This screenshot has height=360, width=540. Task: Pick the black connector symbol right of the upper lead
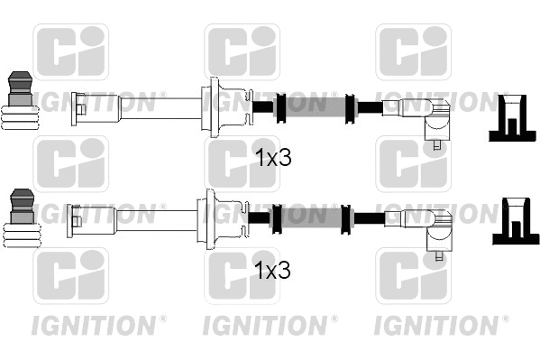[513, 117]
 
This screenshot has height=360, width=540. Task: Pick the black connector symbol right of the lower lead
[513, 226]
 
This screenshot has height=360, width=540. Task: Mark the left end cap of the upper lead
[78, 106]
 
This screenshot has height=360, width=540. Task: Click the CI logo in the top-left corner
[70, 51]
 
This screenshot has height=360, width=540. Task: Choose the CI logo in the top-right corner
[413, 51]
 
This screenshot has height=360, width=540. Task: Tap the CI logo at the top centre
[242, 51]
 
